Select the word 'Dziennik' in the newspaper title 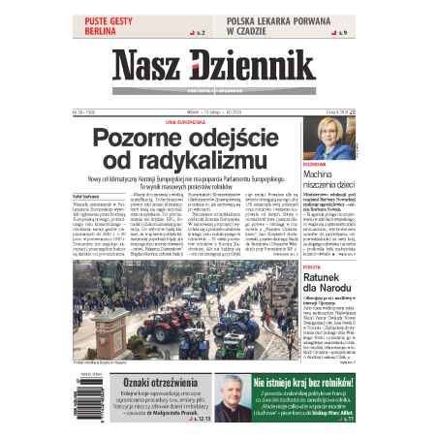point(255,66)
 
